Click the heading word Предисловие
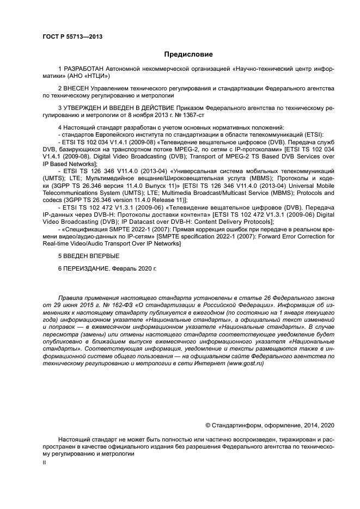pos(188,54)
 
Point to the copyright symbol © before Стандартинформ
pos(208,425)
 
